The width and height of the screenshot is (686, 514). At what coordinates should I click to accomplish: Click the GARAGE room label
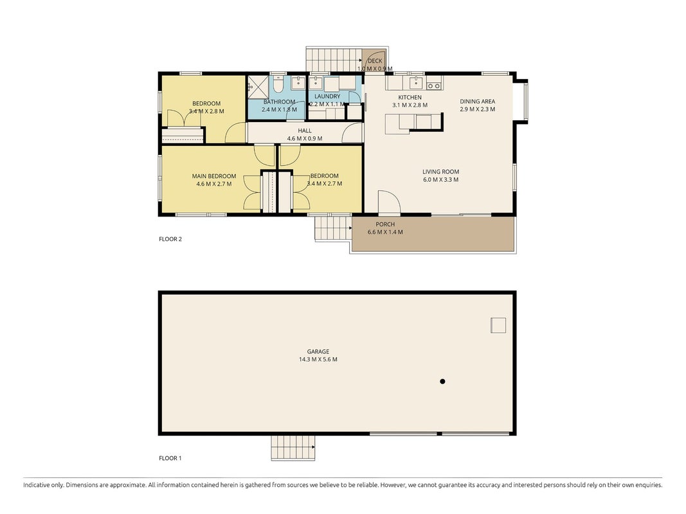(318, 351)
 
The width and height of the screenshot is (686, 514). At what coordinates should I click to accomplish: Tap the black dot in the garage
(442, 382)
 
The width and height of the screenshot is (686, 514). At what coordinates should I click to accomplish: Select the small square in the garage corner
(498, 325)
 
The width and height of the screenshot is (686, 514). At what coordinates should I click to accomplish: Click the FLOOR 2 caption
(170, 239)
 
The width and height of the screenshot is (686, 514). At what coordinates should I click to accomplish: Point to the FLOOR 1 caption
(170, 458)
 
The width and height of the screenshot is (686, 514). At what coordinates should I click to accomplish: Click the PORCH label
(385, 224)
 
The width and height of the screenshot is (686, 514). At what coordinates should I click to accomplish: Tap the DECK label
(375, 61)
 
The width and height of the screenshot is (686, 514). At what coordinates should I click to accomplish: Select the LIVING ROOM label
(440, 172)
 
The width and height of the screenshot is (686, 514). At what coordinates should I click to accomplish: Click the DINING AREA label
(477, 102)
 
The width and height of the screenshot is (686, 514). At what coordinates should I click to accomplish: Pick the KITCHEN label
(410, 98)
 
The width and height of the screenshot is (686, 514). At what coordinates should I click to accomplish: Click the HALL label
(305, 130)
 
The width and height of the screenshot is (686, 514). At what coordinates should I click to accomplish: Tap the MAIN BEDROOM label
(214, 176)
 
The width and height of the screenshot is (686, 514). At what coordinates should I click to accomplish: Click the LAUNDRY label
(327, 96)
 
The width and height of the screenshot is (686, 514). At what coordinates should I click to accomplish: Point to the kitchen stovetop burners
(433, 86)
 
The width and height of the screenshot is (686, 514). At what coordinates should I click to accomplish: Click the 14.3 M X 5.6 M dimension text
(318, 359)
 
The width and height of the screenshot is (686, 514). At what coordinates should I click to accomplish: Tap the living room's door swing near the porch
(389, 201)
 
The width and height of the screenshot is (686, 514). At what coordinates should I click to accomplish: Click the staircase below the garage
(293, 448)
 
